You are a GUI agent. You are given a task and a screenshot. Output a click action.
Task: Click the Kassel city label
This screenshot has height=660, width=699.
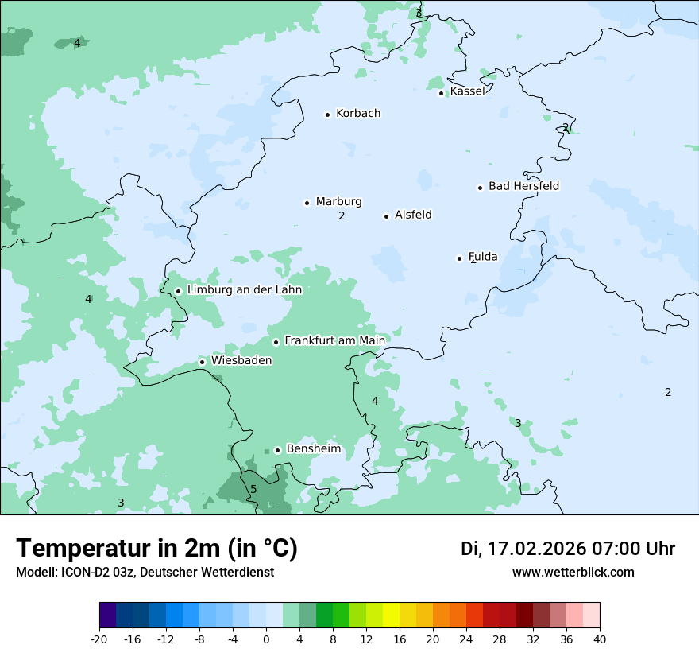(x=467, y=91)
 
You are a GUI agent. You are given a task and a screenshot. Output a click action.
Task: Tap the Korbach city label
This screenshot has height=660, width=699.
(x=358, y=114)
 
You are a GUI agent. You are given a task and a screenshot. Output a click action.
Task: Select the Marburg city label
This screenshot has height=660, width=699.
(x=338, y=202)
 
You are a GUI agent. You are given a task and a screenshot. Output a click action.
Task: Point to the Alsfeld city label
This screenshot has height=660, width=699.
(x=413, y=215)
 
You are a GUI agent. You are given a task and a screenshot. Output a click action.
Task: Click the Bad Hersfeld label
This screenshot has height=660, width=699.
(x=523, y=186)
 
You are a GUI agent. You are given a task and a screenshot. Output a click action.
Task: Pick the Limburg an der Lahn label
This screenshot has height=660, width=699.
(x=244, y=290)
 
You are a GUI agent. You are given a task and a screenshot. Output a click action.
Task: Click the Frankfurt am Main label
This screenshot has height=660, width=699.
(x=334, y=340)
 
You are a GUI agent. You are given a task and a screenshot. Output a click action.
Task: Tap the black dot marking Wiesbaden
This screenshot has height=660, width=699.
(x=203, y=362)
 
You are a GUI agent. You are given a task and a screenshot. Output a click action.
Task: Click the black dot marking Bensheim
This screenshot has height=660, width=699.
(x=277, y=450)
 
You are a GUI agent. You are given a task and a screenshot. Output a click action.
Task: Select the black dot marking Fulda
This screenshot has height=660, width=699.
(x=459, y=258)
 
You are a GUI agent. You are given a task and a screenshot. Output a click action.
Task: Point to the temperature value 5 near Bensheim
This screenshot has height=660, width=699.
(x=253, y=489)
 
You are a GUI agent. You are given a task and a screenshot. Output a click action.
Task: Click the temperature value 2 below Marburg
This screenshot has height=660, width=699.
(x=342, y=215)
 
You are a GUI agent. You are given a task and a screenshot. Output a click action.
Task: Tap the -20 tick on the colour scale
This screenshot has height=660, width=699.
(x=99, y=639)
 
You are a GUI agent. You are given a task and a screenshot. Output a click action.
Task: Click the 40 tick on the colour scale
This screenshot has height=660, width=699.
(x=600, y=639)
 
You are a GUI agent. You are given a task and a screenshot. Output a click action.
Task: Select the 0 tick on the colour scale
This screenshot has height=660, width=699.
(x=266, y=639)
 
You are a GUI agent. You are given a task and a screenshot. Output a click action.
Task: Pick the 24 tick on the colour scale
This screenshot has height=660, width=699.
(x=466, y=639)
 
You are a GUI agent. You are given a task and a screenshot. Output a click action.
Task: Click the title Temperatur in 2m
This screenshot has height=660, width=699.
(x=156, y=549)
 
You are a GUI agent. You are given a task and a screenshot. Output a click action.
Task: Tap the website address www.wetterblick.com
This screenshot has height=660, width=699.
(x=573, y=572)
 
